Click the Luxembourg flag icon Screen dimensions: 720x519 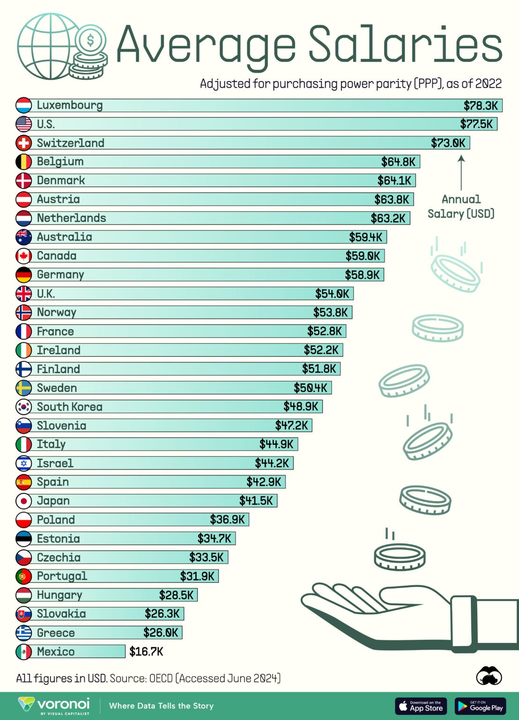23,105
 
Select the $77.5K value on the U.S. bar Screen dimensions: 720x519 476,124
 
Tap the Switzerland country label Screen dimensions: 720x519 70,143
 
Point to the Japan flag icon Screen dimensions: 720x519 23,501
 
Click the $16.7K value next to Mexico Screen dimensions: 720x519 146,652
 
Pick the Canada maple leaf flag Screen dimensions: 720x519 23,256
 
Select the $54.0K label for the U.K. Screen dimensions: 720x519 332,294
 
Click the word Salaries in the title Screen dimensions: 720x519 405,45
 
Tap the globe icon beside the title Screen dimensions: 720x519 47,46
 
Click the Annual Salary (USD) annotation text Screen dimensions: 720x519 461,207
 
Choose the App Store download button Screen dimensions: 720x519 421,706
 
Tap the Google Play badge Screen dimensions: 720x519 480,706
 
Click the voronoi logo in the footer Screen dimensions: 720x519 54,705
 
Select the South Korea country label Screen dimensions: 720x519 69,407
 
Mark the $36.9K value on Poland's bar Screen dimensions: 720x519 227,520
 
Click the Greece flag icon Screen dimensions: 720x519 23,633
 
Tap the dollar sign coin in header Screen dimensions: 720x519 90,41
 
